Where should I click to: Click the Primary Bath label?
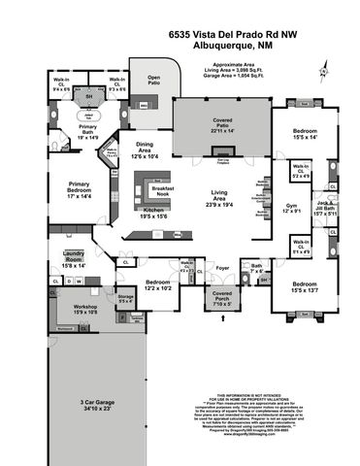(x=88, y=133)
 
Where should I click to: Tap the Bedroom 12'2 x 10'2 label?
(x=132, y=284)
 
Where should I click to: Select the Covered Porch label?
(x=220, y=298)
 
